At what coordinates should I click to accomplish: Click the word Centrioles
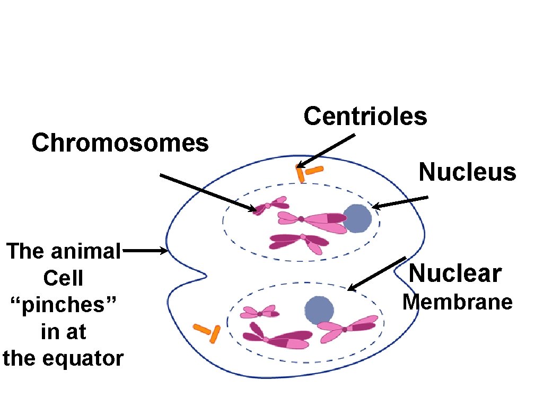365,116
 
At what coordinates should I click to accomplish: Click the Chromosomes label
120,143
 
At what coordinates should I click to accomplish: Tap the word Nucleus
467,172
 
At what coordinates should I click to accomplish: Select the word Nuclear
454,274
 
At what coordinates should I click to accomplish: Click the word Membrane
457,302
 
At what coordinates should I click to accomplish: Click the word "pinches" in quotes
63,305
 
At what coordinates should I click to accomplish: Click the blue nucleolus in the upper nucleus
358,219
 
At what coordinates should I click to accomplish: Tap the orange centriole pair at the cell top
308,172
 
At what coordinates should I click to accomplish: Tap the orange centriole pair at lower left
207,332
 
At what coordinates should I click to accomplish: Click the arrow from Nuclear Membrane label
376,274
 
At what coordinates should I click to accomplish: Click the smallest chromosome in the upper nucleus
271,206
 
